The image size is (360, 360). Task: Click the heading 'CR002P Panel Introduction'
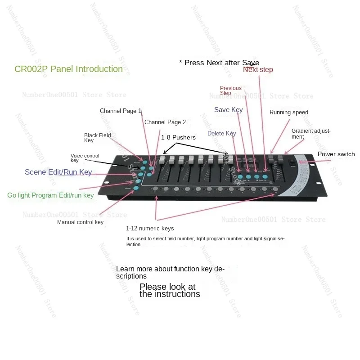coord(69,69)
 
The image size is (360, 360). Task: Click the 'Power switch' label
coord(336,154)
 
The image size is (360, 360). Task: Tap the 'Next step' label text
coord(258,70)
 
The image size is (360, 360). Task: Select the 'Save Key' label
coord(228,110)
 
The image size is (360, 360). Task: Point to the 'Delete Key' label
coord(221,134)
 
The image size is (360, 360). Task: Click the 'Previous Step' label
coord(230,90)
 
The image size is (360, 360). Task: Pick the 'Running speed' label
coord(288,112)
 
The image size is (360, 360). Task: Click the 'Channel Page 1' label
coord(121,111)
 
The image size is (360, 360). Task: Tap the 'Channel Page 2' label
coord(165,122)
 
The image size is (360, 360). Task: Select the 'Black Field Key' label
coord(97,138)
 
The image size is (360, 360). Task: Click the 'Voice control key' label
coord(85,158)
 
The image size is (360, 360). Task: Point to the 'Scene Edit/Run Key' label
coord(58,172)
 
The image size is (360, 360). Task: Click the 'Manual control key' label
coord(80,222)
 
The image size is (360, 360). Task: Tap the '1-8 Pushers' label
coord(178,137)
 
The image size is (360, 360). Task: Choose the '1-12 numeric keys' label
coord(150,229)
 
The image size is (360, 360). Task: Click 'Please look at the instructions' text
coord(170,291)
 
